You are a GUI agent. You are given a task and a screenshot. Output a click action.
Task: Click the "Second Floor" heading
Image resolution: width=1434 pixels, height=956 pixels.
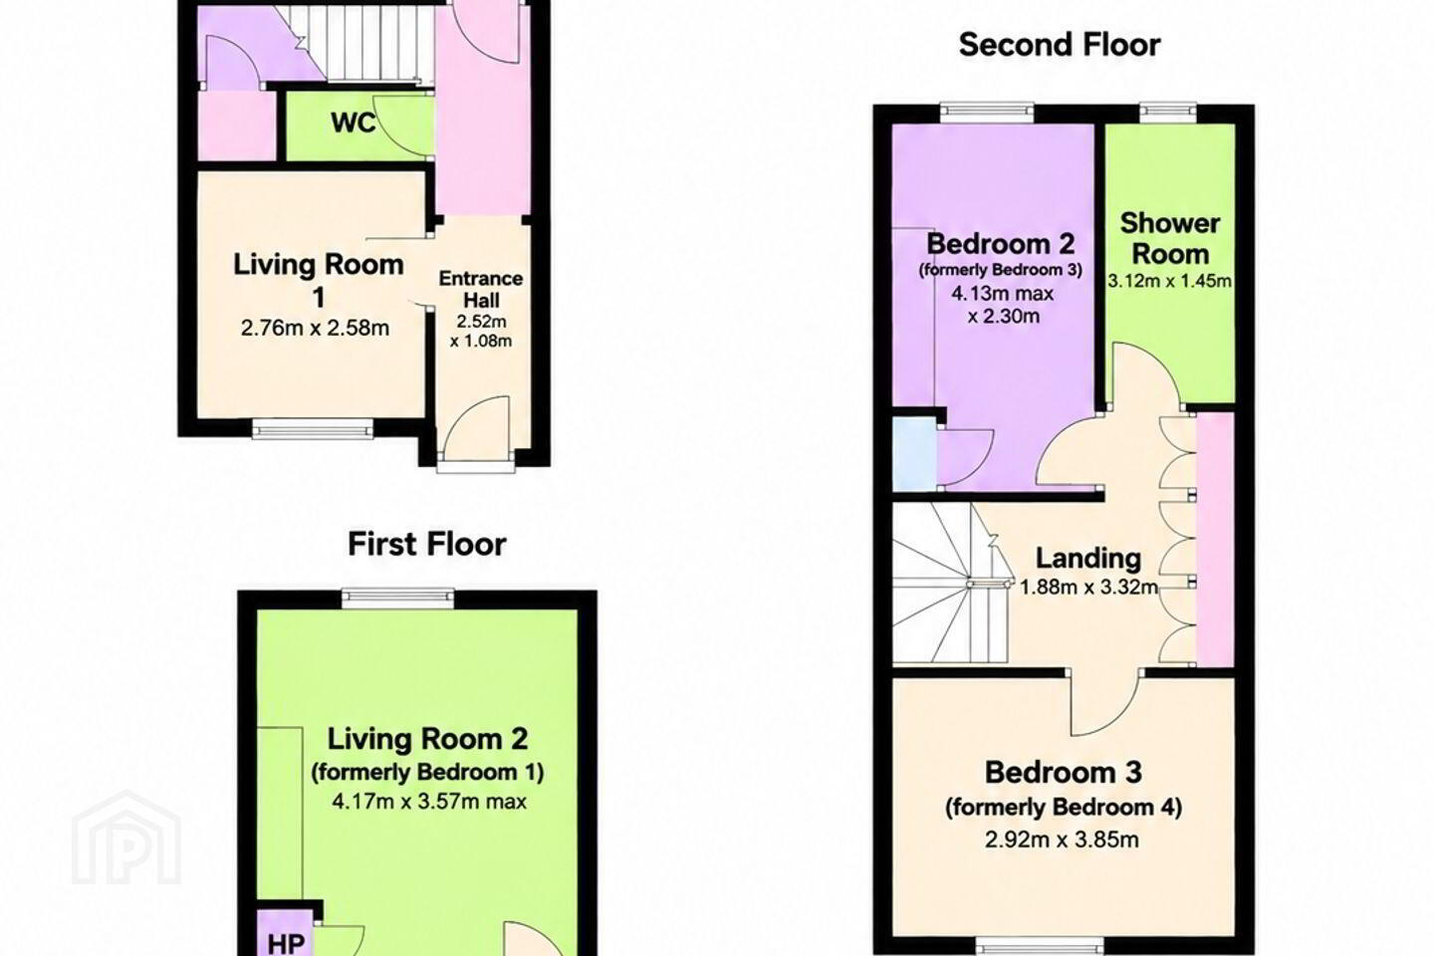[1060, 46]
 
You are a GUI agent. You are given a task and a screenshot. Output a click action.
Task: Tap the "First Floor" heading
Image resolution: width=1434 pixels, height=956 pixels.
[427, 545]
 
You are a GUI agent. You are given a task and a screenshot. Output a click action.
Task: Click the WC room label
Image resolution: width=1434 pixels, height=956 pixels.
[354, 121]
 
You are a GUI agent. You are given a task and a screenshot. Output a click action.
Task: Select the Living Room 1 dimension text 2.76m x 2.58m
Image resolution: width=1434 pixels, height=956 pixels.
[315, 328]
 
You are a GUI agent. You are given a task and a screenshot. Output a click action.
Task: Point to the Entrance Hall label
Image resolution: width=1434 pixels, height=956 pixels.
[481, 290]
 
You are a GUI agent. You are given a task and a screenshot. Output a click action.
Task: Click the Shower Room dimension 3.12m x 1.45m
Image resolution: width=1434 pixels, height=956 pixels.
[1169, 281]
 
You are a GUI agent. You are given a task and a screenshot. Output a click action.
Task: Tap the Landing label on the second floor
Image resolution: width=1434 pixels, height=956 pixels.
[1088, 559]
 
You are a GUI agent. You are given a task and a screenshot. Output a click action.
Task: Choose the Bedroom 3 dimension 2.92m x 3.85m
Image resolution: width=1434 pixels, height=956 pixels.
[1062, 839]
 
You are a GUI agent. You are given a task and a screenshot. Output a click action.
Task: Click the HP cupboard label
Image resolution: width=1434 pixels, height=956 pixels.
[286, 944]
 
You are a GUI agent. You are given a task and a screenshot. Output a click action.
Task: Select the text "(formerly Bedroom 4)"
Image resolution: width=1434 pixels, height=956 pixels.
[1064, 808]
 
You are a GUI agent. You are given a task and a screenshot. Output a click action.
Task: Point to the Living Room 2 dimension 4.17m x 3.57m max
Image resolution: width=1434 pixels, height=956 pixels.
[429, 801]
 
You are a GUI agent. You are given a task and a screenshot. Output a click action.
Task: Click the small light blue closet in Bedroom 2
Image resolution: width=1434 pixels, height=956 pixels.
[915, 454]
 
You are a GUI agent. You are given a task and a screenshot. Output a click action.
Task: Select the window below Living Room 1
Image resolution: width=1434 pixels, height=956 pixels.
[313, 428]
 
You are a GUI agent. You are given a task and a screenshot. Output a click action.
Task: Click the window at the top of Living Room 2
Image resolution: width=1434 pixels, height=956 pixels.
[397, 599]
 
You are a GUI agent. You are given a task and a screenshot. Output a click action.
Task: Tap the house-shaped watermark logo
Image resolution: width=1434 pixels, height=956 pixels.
[126, 837]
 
